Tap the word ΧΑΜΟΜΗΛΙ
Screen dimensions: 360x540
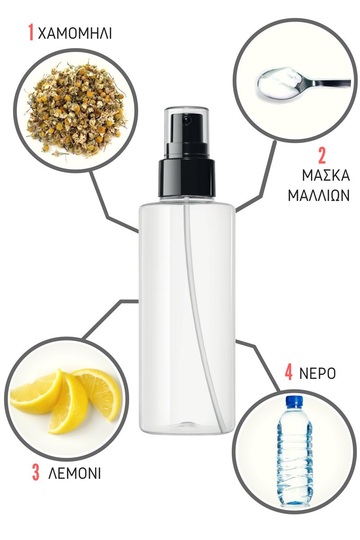pyautogui.click(x=75, y=33)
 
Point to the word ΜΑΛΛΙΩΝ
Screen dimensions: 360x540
pyautogui.click(x=319, y=195)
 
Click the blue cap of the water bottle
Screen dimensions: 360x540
pyautogui.click(x=294, y=402)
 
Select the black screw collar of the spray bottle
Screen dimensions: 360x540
pyautogui.click(x=187, y=178)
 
